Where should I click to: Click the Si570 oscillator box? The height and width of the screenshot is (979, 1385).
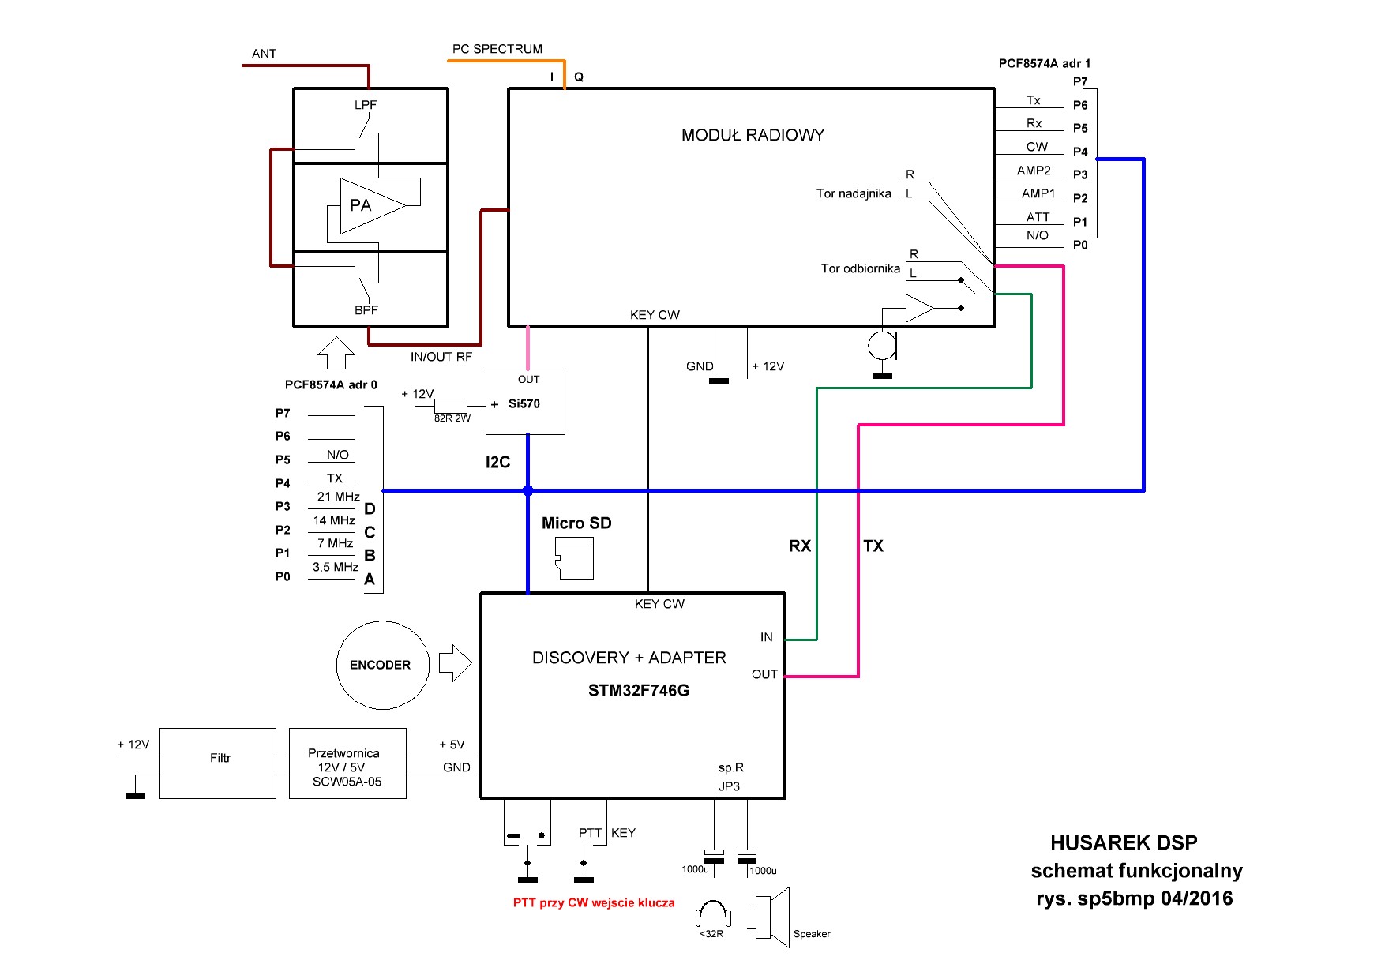click(525, 402)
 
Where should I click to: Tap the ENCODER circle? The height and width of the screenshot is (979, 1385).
click(383, 665)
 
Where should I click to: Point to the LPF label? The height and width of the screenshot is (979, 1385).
click(366, 105)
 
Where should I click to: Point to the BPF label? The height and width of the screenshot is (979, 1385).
click(366, 310)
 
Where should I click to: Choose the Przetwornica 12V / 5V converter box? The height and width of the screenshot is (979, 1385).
click(347, 763)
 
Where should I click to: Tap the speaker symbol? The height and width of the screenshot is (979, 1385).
click(772, 917)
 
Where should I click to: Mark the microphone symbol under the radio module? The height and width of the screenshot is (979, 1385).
click(882, 345)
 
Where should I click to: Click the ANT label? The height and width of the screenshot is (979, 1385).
click(264, 54)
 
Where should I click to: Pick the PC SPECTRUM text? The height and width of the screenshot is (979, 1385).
click(497, 49)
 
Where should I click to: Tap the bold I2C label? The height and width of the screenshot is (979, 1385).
click(497, 463)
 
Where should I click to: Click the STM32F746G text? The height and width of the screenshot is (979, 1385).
click(638, 691)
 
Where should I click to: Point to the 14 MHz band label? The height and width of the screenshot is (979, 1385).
click(334, 520)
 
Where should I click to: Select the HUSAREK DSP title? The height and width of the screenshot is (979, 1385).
click(1123, 842)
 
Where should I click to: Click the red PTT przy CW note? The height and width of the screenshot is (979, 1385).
click(594, 902)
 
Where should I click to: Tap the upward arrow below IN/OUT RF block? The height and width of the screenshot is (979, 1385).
click(336, 353)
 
